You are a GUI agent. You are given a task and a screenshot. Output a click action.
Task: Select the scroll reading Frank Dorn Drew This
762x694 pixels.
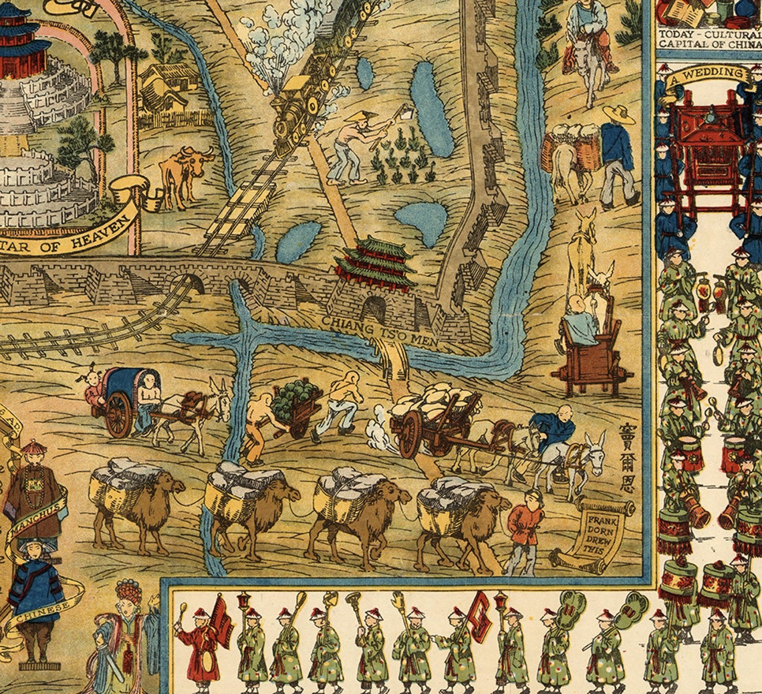coord(599,532)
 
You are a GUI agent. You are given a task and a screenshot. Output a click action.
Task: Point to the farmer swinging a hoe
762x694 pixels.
coord(354,147)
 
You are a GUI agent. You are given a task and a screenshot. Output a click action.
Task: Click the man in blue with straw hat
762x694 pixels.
coord(616,154)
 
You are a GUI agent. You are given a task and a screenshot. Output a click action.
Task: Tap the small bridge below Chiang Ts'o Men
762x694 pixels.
coord(394,361)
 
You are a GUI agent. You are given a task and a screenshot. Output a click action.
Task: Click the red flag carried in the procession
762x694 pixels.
coord(221,618)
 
